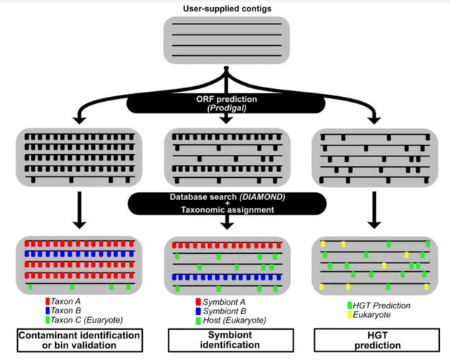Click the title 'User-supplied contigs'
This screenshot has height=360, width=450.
227,8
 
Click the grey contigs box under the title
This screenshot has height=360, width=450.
227,41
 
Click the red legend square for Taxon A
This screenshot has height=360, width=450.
47,301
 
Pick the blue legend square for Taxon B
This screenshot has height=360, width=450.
47,311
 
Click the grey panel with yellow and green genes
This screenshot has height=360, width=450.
374,265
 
